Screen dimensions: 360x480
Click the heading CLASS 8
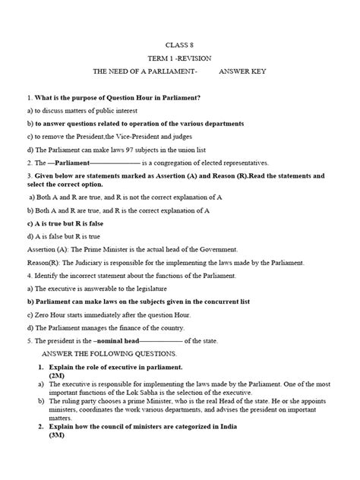(179, 44)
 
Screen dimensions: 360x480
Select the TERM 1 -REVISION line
(179, 58)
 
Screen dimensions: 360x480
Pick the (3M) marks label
(58, 456)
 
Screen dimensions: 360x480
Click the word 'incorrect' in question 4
(77, 274)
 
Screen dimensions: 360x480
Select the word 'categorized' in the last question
(190, 447)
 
